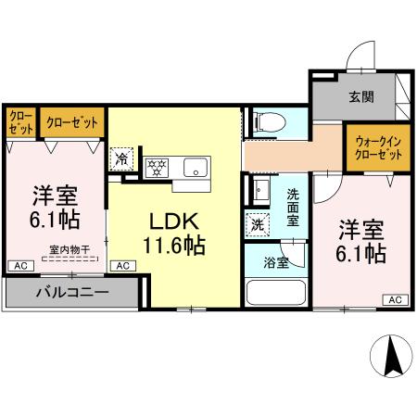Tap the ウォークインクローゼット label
pos(378,148)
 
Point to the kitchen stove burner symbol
pos(157,167)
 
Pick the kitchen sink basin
pos(196,167)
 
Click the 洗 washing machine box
pos(257,223)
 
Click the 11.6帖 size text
pos(172,246)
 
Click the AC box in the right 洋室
pos(395,299)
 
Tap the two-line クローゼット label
pos(20,122)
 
